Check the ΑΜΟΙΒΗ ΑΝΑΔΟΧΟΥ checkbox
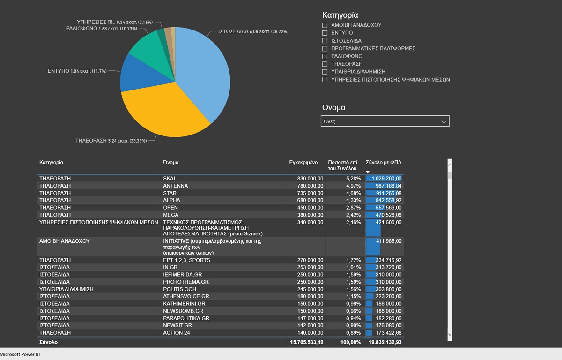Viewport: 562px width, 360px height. point(325,25)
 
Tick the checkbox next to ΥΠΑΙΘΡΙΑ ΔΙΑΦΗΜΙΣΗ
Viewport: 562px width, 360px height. point(325,72)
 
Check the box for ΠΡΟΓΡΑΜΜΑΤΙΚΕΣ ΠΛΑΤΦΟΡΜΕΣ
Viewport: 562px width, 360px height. point(325,48)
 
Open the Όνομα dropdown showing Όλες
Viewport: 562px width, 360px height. point(385,121)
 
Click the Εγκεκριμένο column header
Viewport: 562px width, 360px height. point(303,163)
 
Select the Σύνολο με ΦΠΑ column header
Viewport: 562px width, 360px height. point(384,163)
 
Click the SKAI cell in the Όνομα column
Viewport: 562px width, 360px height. point(169,179)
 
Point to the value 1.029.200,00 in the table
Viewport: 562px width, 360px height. point(386,179)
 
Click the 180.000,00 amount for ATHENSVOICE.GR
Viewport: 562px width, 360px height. point(307,297)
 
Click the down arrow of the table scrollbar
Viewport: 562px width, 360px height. point(450,334)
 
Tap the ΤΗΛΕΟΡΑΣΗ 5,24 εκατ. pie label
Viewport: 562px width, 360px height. point(111,140)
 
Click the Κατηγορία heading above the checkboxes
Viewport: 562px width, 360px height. point(340,15)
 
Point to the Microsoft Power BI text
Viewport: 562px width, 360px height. point(20,355)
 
